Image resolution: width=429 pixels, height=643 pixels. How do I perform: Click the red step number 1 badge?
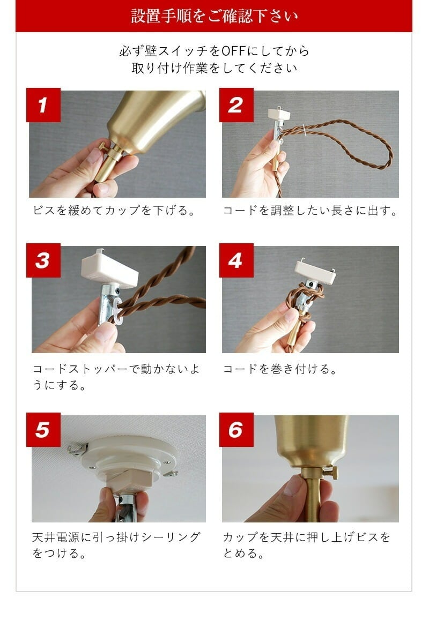(43, 105)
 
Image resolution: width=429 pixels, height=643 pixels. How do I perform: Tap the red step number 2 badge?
(236, 105)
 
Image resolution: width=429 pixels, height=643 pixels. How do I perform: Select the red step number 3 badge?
(43, 260)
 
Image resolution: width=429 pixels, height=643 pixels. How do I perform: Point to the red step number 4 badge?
(236, 260)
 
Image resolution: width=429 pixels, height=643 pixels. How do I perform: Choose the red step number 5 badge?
(43, 430)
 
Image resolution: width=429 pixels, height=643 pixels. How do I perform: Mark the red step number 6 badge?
(236, 430)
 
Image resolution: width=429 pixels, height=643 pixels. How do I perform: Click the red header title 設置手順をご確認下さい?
(214, 16)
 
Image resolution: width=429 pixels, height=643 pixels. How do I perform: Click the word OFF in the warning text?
(233, 51)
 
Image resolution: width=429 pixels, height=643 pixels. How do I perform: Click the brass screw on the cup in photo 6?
(330, 473)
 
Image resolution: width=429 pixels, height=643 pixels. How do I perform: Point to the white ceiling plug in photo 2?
(279, 115)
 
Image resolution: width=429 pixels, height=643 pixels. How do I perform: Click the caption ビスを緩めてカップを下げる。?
(114, 211)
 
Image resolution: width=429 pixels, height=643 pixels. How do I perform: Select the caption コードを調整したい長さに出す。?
(310, 211)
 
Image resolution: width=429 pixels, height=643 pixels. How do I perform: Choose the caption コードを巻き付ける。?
(280, 369)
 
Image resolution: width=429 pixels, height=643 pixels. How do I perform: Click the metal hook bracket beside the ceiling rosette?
(77, 449)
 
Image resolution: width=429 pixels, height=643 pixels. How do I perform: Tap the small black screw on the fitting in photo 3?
(117, 291)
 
